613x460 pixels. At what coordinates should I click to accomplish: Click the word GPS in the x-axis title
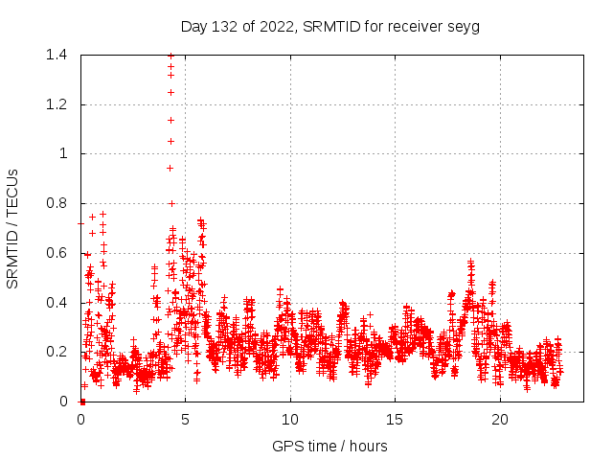[286, 447]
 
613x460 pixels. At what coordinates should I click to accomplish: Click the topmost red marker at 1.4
[170, 56]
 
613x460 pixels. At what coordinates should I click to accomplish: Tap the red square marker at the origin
[82, 401]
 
